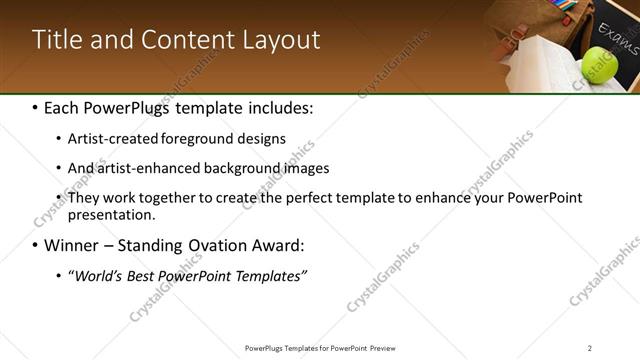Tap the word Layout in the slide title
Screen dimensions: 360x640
(x=282, y=40)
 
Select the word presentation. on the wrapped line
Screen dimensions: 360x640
(x=112, y=214)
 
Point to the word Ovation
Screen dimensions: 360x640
(x=208, y=245)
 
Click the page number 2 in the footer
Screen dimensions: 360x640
(x=590, y=348)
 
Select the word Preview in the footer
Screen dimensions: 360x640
(x=391, y=348)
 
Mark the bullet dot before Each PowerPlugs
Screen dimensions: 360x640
(x=36, y=106)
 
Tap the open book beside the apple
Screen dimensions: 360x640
(x=540, y=66)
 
